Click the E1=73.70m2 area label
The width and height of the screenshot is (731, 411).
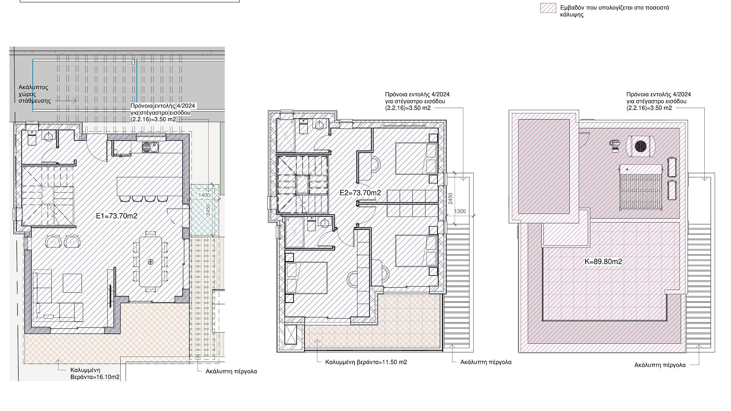click(x=117, y=216)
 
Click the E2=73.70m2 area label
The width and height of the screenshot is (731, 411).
click(x=360, y=193)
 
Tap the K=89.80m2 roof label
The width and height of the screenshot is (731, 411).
click(x=603, y=262)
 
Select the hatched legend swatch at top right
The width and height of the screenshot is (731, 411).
click(x=548, y=8)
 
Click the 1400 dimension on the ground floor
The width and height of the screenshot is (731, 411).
click(x=204, y=195)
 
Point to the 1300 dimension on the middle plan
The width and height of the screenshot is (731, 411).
click(x=460, y=211)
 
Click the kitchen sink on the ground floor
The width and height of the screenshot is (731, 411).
click(x=150, y=147)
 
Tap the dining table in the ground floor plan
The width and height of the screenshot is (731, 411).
click(x=150, y=261)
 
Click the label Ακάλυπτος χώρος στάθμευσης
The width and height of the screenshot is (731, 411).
click(x=34, y=94)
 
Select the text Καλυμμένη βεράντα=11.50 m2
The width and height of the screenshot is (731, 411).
click(x=366, y=362)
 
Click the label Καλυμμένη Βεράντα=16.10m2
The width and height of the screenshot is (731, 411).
click(x=95, y=373)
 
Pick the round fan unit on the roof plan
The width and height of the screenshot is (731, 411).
click(x=641, y=146)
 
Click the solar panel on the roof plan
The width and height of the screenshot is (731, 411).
click(x=641, y=187)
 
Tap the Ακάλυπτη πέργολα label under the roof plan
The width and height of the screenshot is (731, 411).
click(x=660, y=365)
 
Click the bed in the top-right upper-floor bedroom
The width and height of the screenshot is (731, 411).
click(x=416, y=158)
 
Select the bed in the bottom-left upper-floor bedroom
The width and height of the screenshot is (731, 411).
click(x=306, y=278)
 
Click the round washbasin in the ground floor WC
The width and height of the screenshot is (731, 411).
click(x=48, y=136)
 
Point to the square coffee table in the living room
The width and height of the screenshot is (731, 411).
click(x=72, y=283)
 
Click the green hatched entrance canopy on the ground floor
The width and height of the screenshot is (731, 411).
click(x=204, y=210)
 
